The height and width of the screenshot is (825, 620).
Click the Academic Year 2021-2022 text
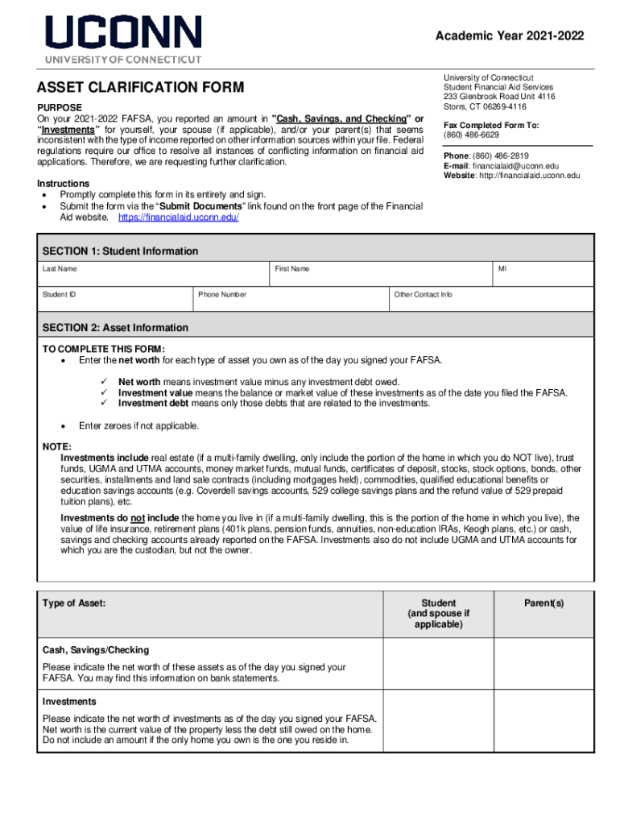click(x=510, y=36)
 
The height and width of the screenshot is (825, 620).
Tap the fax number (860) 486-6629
click(x=470, y=135)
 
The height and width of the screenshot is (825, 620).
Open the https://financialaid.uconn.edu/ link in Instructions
click(x=178, y=218)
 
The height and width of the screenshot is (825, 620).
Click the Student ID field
click(x=115, y=300)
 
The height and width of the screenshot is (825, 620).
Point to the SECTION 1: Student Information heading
click(x=120, y=251)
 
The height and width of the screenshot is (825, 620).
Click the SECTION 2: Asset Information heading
click(x=115, y=328)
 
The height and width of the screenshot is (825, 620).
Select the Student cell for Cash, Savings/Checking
click(x=438, y=664)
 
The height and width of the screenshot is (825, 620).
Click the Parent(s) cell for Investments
click(x=545, y=721)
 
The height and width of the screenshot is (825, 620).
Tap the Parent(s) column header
click(x=545, y=603)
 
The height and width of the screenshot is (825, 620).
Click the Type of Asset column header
click(x=74, y=603)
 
